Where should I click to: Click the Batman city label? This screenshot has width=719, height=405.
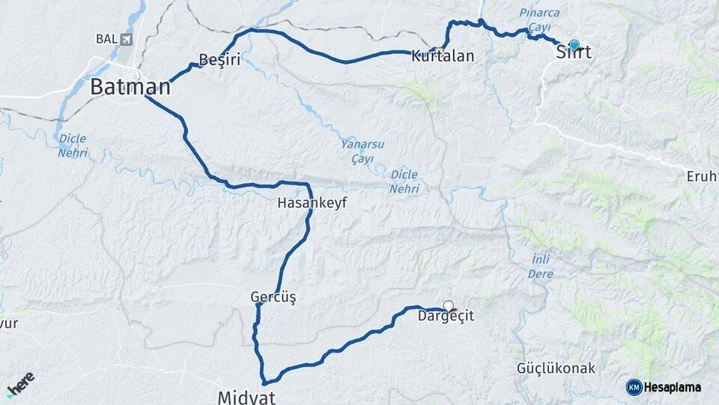[130, 87]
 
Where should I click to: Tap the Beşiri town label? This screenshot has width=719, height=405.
[219, 60]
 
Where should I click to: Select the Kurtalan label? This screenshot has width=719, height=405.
[443, 55]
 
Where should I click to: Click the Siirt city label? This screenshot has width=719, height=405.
[574, 53]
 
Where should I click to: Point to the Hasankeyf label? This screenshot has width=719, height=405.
[312, 202]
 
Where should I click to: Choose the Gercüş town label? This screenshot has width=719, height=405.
[273, 298]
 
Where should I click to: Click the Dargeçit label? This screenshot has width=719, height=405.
[447, 317]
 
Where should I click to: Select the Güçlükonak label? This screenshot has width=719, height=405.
[556, 368]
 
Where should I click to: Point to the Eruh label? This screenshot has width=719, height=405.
[702, 177]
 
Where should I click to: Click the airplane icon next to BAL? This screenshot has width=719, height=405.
[126, 39]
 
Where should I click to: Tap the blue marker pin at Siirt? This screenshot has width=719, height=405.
[574, 45]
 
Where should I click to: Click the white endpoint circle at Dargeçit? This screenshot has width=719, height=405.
[449, 305]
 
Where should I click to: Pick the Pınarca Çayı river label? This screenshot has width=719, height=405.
[540, 19]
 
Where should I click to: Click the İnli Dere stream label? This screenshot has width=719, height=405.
[541, 266]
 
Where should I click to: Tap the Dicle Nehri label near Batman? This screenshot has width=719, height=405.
[73, 145]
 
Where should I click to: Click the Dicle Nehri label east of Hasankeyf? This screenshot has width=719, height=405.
[404, 181]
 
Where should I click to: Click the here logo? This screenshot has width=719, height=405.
[20, 383]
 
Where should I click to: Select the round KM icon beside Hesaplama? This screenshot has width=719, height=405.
[634, 387]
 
